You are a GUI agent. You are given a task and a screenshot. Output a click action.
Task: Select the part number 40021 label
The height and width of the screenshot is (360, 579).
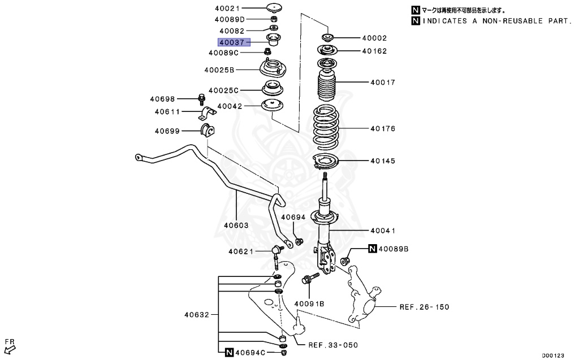pos(227,8)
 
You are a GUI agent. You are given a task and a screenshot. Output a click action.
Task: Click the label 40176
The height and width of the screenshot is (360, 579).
pos(383,129)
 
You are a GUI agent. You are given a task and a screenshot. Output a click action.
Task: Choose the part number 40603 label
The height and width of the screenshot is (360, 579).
pos(236,225)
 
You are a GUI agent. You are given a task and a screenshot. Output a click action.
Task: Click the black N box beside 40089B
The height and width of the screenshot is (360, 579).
pos(373,249)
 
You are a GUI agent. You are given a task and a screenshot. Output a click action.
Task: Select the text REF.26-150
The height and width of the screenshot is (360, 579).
pos(424,307)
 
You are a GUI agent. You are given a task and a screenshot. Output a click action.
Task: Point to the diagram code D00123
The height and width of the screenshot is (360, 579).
pos(554,355)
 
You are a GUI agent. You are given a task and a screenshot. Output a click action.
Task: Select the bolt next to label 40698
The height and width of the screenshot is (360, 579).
pos(202,99)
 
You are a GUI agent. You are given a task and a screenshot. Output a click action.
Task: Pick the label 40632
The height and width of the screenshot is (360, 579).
pos(196,315)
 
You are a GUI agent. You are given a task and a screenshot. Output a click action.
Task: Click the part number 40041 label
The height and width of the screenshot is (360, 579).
pos(383,231)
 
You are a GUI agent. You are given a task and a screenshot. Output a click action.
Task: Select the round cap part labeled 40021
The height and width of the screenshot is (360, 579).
pos(274,8)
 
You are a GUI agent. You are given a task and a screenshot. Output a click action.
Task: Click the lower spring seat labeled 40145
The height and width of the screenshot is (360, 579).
pos(325,162)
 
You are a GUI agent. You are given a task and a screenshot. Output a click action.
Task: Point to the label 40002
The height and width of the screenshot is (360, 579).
pos(374,38)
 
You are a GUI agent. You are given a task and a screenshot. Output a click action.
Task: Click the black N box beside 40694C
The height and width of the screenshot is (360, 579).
pos(228,353)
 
